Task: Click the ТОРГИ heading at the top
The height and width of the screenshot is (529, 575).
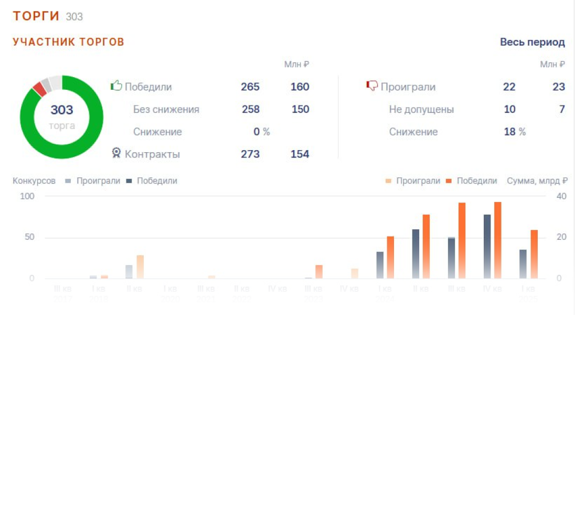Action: point(36,16)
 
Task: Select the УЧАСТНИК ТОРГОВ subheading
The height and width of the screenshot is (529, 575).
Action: point(68,42)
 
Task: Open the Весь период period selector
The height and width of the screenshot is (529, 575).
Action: point(532,43)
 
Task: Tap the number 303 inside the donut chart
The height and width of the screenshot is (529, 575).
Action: point(62,110)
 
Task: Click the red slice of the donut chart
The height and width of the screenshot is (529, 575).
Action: point(38,88)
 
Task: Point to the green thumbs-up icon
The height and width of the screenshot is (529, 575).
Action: point(116,86)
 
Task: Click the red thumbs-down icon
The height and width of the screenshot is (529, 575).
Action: point(371,86)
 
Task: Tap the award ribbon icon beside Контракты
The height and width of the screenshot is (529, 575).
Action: point(116,153)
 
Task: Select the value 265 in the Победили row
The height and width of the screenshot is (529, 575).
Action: point(250,87)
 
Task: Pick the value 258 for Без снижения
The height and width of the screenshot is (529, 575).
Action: point(250,110)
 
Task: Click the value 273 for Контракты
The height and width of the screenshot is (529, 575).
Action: point(250,154)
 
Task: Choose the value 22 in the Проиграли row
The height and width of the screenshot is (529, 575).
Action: point(509,87)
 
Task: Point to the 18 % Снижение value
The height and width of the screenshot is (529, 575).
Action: point(514,132)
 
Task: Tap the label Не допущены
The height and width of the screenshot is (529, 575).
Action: point(421,110)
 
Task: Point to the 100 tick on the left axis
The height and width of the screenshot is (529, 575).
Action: point(27,196)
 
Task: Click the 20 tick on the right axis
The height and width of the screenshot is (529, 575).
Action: point(561,237)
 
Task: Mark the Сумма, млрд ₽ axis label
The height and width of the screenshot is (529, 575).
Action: point(537,181)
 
